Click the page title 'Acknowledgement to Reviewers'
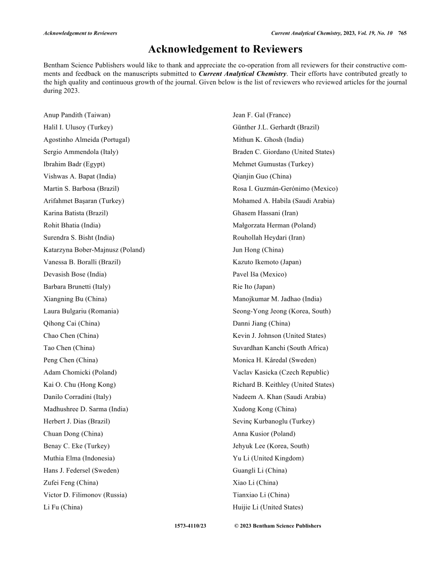[225, 49]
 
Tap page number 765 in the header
[402, 33]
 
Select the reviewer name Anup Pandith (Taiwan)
[77, 115]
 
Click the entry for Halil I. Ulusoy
[78, 127]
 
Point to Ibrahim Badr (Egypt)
[74, 164]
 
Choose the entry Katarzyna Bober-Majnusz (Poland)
[94, 250]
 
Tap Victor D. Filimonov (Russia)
[85, 495]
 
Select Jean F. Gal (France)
[262, 115]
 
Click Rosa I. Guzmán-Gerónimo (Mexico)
[285, 189]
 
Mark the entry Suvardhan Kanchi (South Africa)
[280, 348]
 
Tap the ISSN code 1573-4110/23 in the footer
[190, 526]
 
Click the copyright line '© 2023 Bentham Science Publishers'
[278, 526]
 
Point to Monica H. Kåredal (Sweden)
[274, 360]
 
